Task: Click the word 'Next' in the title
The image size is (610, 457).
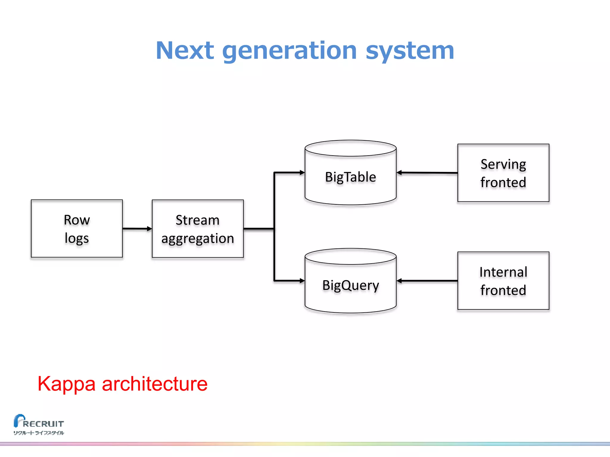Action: click(x=185, y=51)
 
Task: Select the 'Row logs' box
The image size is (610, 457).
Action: click(x=77, y=228)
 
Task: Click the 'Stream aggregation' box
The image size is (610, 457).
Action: click(x=198, y=228)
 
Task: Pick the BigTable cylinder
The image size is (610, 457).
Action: click(x=351, y=177)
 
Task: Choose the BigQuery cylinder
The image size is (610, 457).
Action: click(x=351, y=285)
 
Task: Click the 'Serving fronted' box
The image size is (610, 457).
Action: click(x=503, y=173)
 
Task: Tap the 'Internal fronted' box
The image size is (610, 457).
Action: click(x=503, y=281)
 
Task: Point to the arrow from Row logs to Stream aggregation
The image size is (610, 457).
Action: click(x=137, y=229)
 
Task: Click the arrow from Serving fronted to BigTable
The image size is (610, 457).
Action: click(x=427, y=173)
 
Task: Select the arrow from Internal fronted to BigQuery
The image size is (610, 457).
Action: click(x=427, y=281)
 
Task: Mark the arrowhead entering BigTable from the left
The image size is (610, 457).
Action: click(x=302, y=172)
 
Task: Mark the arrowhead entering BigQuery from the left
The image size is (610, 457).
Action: click(x=302, y=281)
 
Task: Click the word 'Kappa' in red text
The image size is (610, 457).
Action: click(x=66, y=384)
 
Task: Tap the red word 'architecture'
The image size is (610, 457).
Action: click(x=155, y=384)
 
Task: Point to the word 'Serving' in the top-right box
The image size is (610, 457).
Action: click(x=503, y=164)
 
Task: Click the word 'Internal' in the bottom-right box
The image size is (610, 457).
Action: click(x=503, y=272)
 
